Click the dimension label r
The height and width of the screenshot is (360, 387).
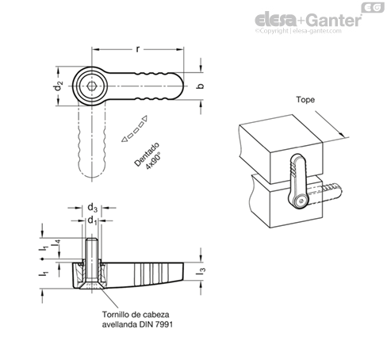point(137,49)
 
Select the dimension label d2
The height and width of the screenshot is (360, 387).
point(59,86)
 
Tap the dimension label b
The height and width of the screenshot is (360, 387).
point(201,86)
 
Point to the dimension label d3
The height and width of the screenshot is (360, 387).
point(92,208)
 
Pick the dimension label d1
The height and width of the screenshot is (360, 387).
point(92,220)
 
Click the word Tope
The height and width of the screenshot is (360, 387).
point(305,100)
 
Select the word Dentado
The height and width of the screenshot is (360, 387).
point(147,155)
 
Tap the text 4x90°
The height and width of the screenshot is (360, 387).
point(154,161)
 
